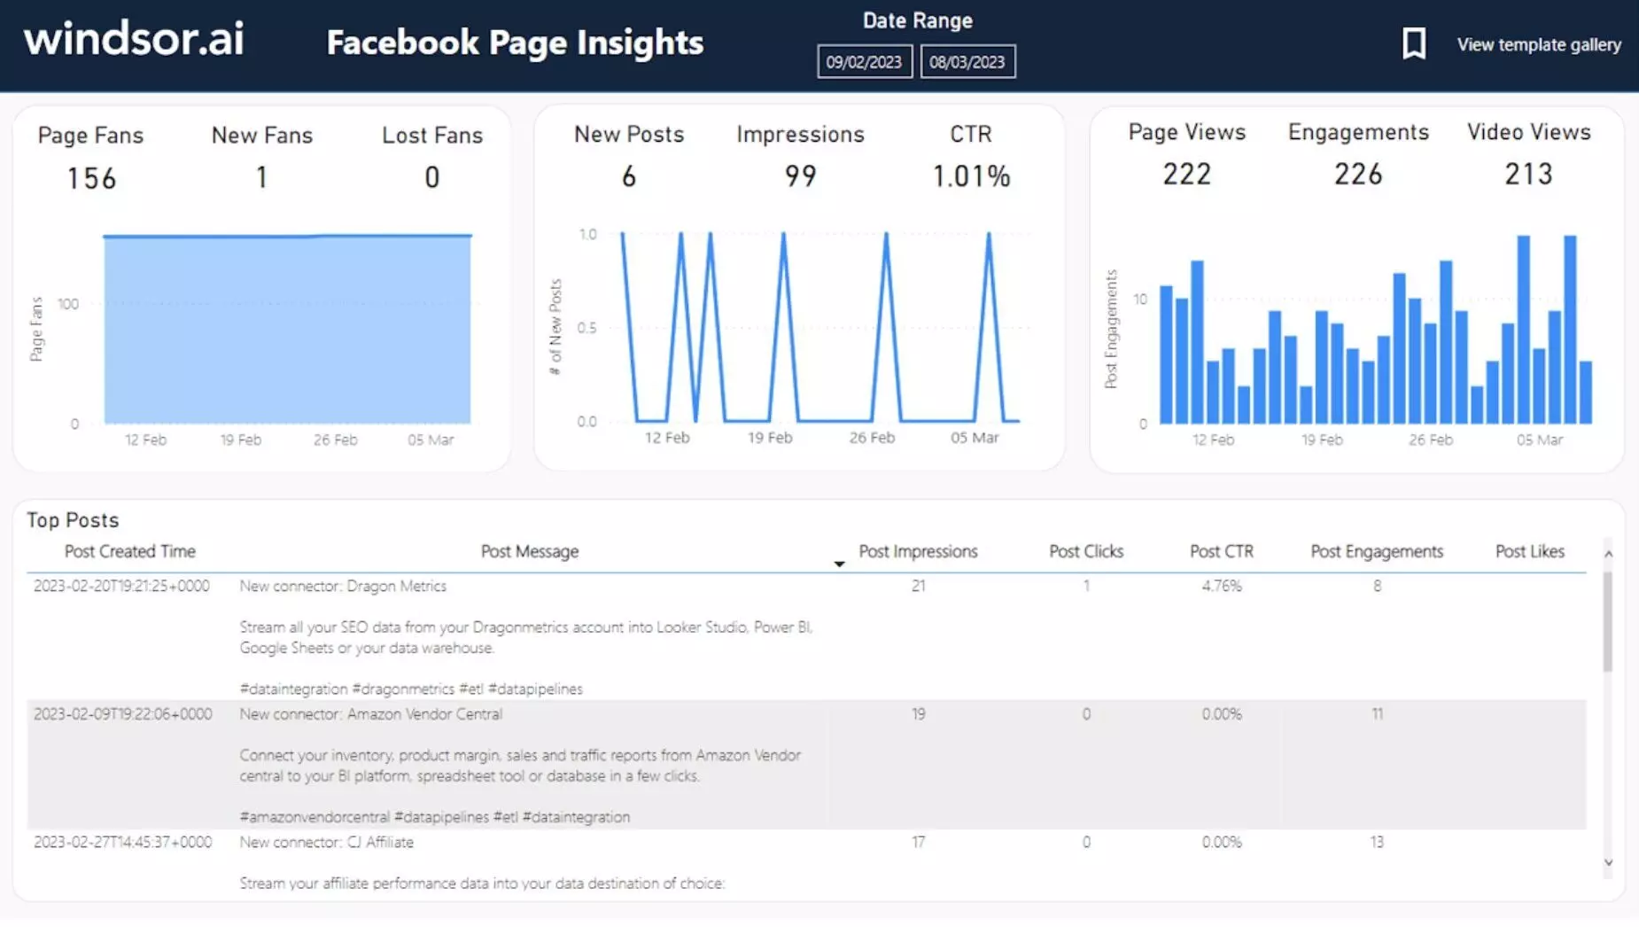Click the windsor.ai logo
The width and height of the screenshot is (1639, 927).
tap(134, 40)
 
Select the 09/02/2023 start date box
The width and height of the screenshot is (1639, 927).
tap(864, 62)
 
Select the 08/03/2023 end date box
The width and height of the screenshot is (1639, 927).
tap(967, 62)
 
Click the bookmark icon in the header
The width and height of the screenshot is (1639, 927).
tap(1414, 43)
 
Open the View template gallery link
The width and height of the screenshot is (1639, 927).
tap(1539, 44)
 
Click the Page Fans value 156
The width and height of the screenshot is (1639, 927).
tap(91, 179)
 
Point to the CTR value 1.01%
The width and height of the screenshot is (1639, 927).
tap(971, 176)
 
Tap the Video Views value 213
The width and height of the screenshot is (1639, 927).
tap(1528, 174)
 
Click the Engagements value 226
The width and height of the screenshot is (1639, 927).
tap(1358, 174)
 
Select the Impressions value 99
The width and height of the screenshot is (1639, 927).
tap(800, 175)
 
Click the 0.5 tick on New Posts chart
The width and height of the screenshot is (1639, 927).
tap(586, 328)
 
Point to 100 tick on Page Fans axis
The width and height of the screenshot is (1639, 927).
tap(68, 304)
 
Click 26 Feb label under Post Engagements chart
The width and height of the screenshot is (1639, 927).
tap(1430, 440)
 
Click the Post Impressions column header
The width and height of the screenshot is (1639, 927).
tap(918, 551)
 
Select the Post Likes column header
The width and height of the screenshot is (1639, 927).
tap(1529, 551)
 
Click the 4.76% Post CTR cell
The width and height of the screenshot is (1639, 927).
tap(1221, 586)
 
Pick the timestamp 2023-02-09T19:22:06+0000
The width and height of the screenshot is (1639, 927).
tap(123, 714)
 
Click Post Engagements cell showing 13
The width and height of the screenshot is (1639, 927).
tap(1377, 842)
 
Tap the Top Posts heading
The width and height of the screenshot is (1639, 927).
tap(73, 520)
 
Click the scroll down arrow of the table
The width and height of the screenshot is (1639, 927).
tap(1608, 862)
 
